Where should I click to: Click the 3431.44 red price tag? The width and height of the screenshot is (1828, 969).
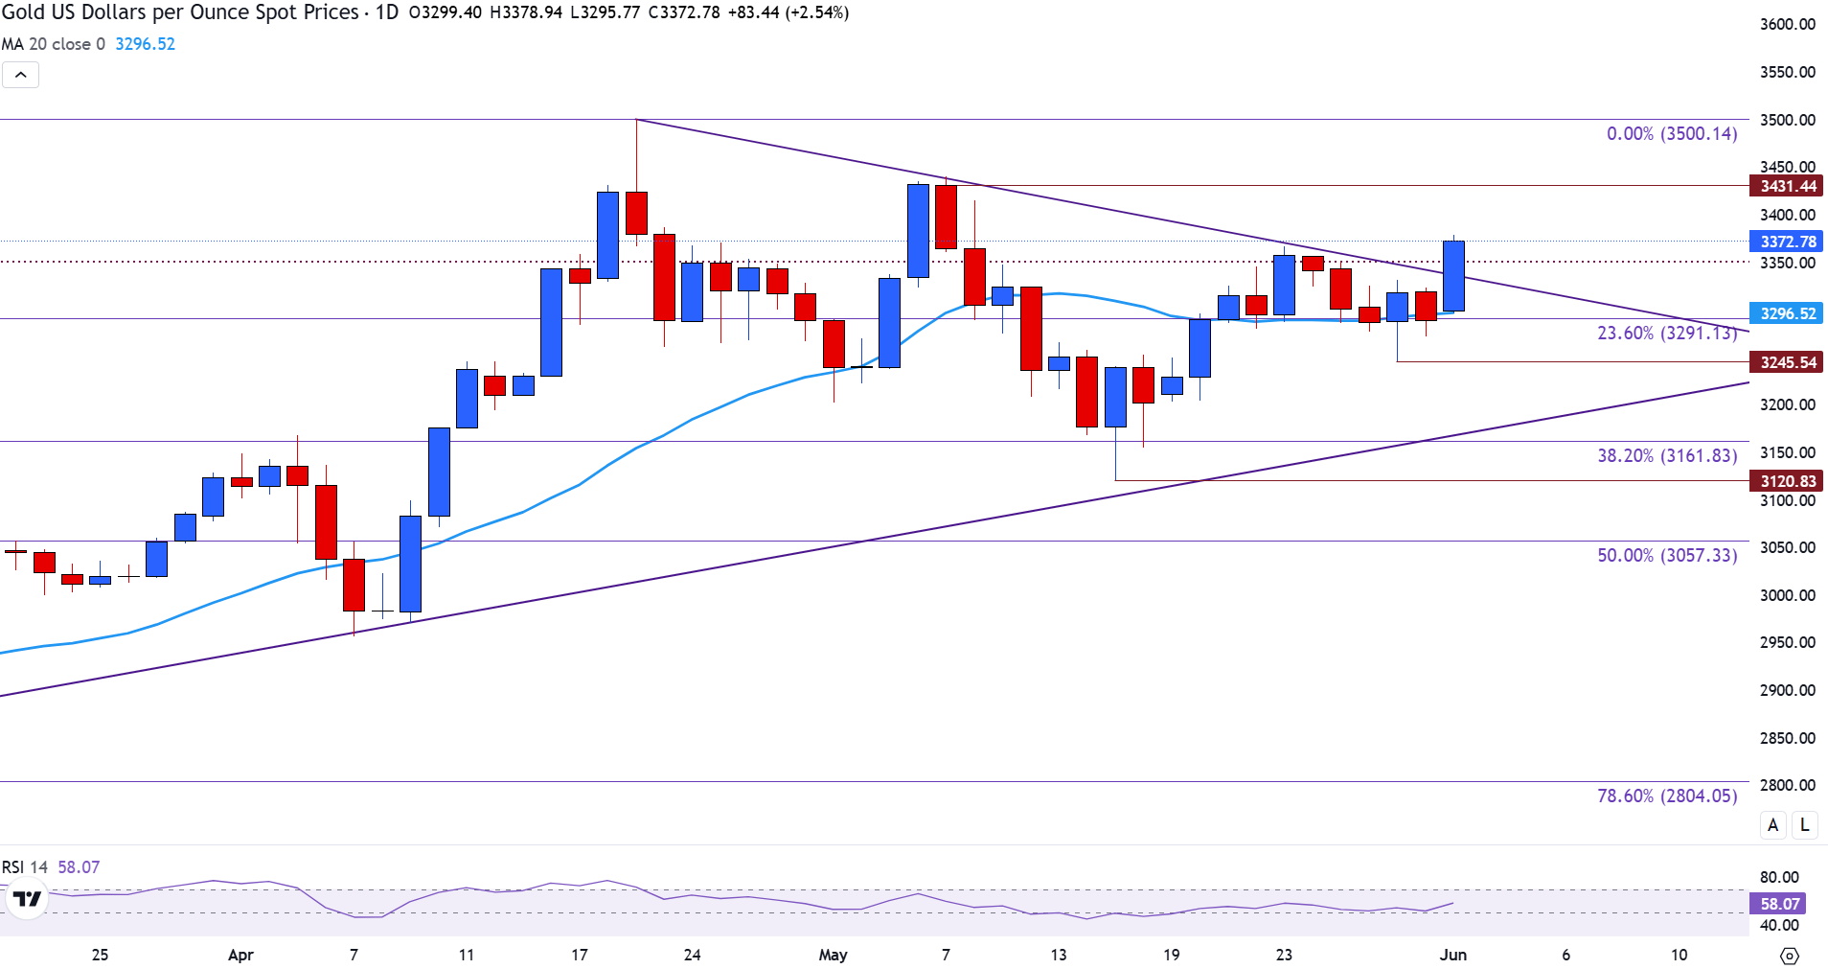1787,186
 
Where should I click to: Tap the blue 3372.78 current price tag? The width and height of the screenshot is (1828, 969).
1787,242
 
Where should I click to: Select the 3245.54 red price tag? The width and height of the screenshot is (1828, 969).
1787,362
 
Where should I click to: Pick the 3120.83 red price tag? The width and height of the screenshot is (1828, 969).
1787,481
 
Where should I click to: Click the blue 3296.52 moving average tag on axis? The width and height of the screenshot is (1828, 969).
1787,313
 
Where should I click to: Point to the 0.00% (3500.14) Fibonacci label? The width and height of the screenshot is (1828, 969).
1671,134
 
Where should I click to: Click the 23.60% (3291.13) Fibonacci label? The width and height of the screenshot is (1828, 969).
1666,333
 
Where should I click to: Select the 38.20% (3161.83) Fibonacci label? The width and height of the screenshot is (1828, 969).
1666,455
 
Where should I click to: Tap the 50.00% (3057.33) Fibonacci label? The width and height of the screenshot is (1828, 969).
1666,555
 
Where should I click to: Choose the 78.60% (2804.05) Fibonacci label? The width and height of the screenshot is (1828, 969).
1666,796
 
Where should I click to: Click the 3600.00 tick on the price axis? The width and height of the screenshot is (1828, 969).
1787,24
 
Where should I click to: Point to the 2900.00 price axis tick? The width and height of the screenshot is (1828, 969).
1787,690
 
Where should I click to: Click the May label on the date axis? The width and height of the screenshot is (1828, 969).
833,955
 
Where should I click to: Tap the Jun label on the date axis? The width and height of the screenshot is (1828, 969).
1453,955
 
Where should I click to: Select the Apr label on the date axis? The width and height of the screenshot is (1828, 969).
240,955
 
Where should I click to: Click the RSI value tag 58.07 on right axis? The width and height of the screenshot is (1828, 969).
1779,904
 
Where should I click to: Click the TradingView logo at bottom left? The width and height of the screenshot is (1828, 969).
27,899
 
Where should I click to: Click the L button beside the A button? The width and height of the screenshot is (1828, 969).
1805,824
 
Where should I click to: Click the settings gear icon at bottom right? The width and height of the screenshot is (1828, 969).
1789,956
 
